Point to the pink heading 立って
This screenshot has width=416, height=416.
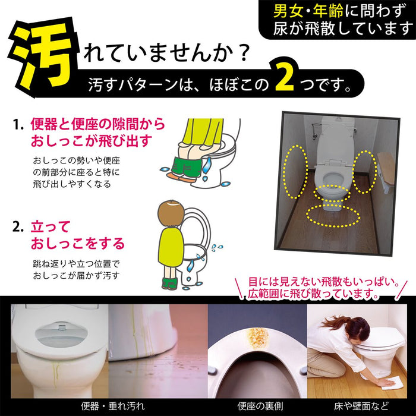(x=51, y=226)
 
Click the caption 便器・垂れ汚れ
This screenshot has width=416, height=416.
(x=112, y=406)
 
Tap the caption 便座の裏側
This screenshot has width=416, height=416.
(x=256, y=406)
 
